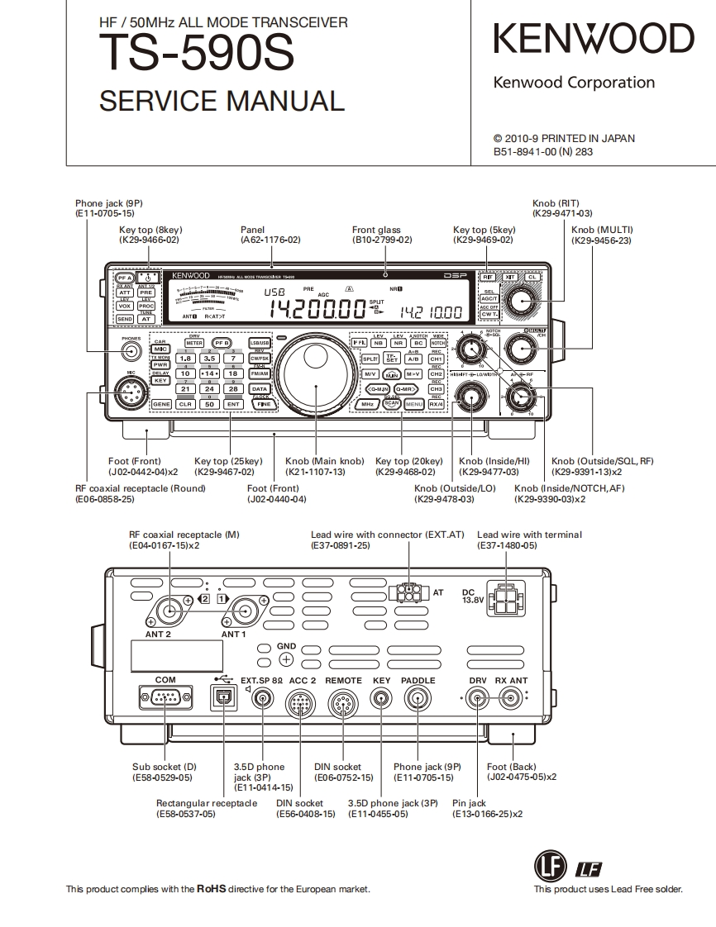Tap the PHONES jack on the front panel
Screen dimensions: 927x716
[x=129, y=351]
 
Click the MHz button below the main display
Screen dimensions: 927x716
[x=368, y=404]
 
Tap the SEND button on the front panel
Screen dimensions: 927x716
[x=124, y=318]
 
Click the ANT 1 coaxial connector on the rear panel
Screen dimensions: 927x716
[x=245, y=612]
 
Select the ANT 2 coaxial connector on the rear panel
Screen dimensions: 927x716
[x=170, y=612]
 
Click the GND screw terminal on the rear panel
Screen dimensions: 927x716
[x=286, y=658]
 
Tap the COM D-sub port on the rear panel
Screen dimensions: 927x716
[x=165, y=699]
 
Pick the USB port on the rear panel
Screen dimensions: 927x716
[x=222, y=699]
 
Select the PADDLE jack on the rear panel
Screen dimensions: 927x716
[x=418, y=700]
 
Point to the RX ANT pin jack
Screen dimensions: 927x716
[x=511, y=700]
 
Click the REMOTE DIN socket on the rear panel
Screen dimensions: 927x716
[x=343, y=704]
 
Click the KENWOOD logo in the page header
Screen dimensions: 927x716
[x=594, y=40]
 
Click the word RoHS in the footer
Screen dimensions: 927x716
[x=211, y=889]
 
